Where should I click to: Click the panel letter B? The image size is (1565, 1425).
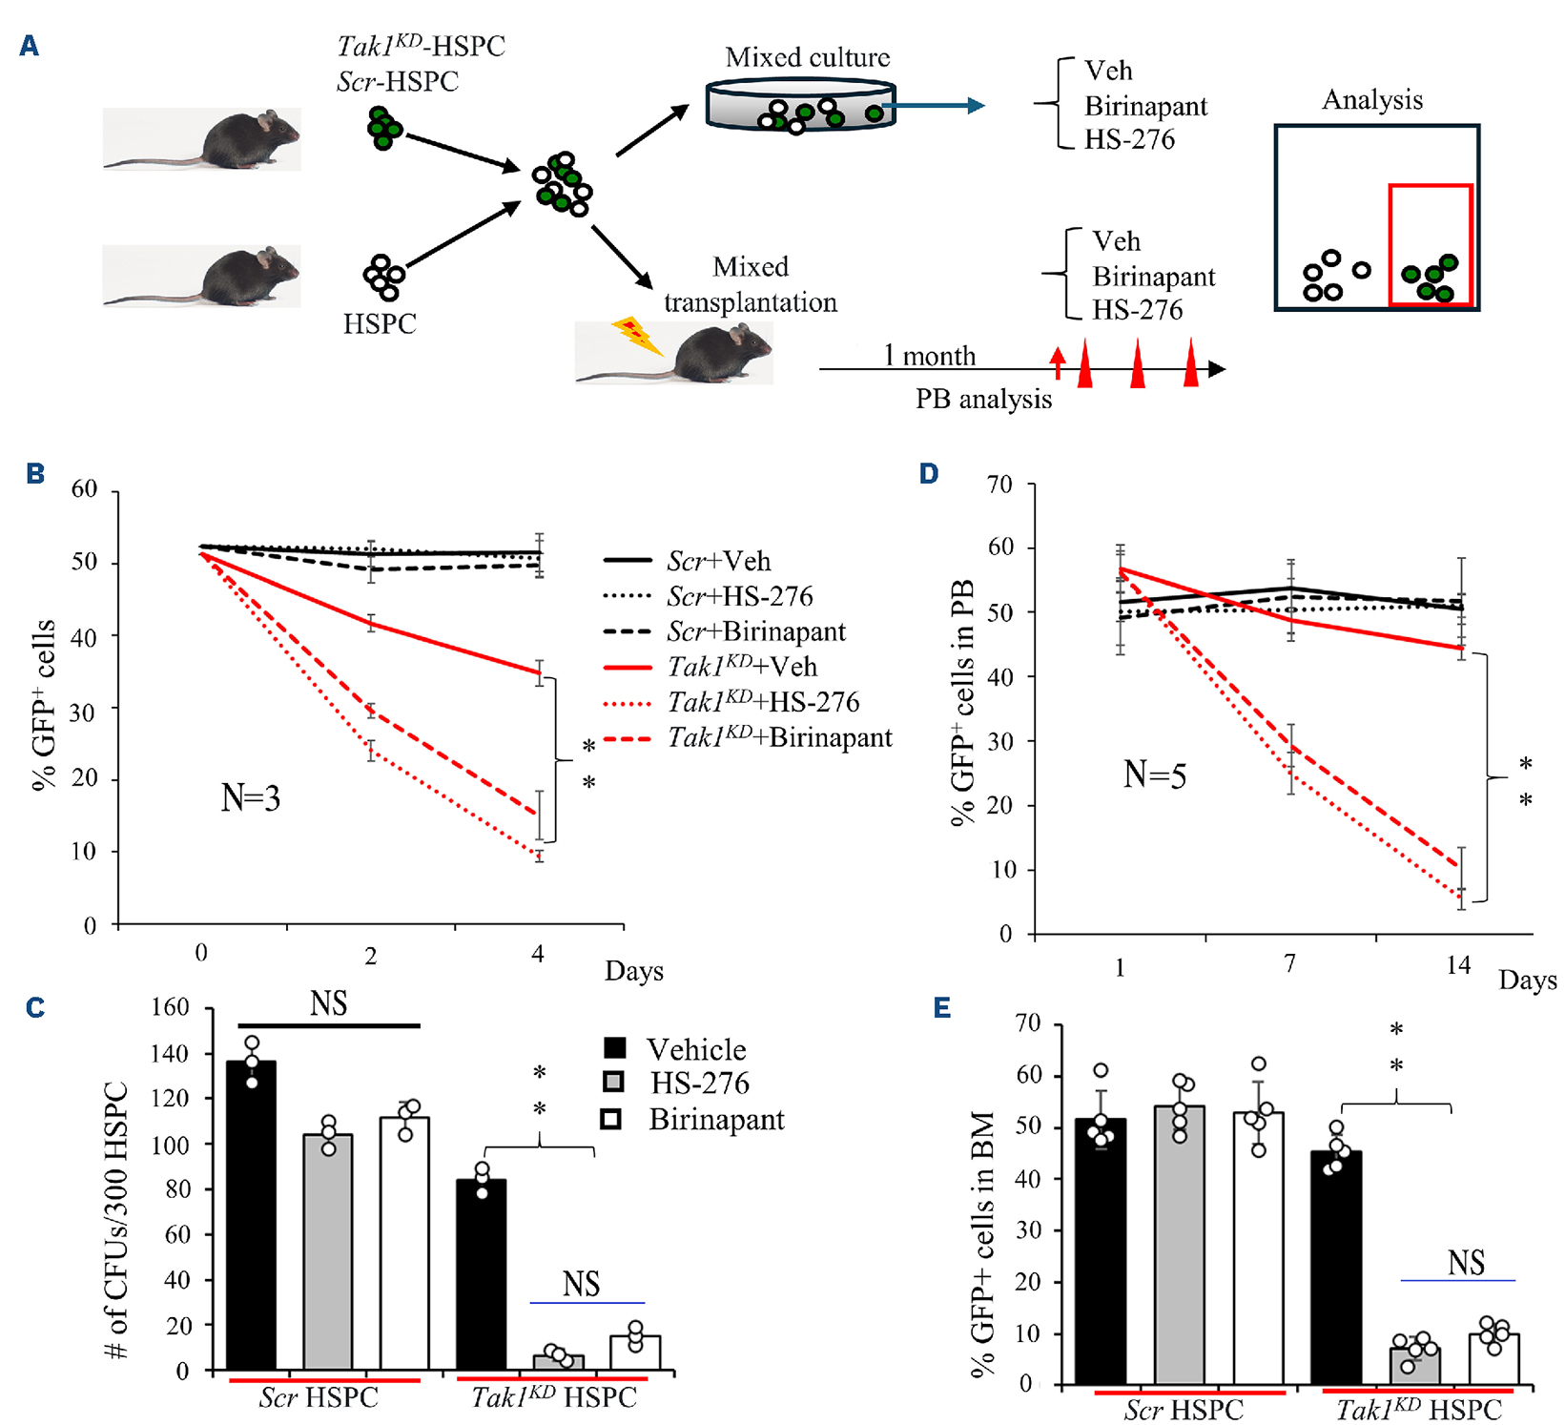tap(35, 473)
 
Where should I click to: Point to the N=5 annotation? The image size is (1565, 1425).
tap(1154, 775)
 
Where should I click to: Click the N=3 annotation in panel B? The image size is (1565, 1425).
tap(250, 797)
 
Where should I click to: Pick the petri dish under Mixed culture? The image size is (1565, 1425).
tap(800, 107)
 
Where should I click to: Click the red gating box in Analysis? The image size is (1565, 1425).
tap(1430, 245)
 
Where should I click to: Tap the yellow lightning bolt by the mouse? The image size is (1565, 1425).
tap(634, 336)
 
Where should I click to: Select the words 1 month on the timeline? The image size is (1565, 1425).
tap(929, 356)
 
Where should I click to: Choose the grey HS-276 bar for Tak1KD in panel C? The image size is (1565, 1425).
tap(558, 1361)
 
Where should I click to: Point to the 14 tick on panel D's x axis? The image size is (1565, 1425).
tap(1458, 964)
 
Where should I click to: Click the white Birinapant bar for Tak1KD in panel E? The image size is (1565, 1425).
tap(1493, 1358)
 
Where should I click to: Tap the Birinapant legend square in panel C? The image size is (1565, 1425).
tap(611, 1119)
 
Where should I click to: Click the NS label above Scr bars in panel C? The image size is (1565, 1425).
tap(328, 1003)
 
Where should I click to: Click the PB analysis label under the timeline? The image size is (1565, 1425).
tap(983, 399)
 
